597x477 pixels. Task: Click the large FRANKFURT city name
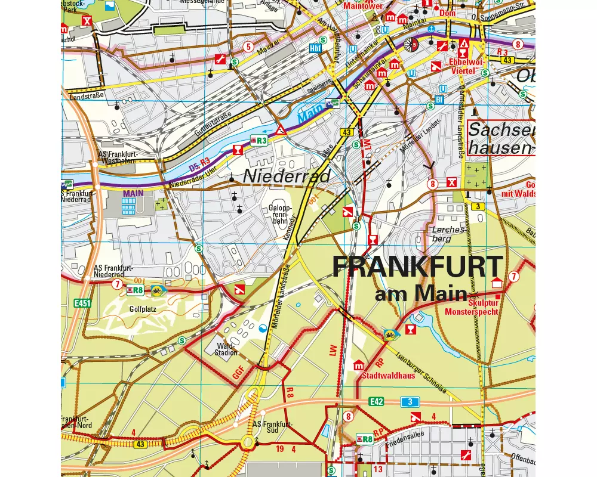point(418,267)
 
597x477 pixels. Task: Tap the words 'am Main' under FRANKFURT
point(420,293)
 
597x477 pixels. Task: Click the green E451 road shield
point(82,303)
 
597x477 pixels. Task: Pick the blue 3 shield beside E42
point(411,401)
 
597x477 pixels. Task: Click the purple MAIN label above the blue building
point(134,194)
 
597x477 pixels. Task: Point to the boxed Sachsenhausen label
point(501,138)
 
